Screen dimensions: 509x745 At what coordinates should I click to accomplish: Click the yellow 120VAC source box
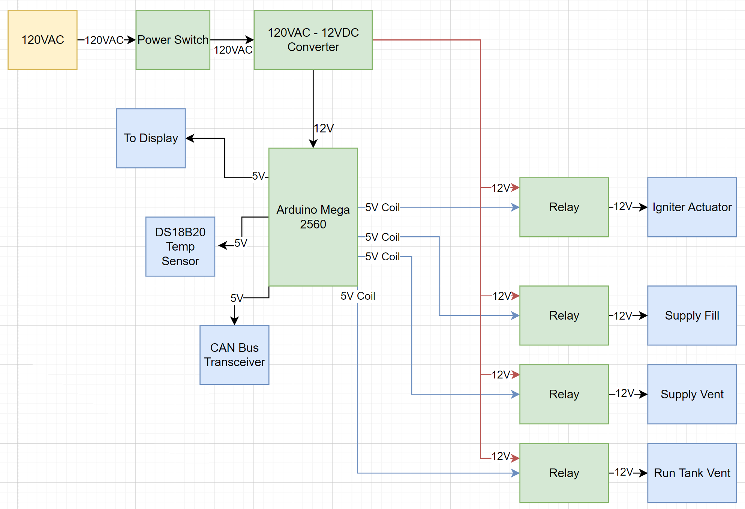point(42,40)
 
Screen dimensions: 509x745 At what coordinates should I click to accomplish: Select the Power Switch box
point(173,40)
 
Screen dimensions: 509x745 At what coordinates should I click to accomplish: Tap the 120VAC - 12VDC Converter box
point(313,40)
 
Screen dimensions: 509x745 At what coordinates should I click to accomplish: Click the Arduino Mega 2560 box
point(313,217)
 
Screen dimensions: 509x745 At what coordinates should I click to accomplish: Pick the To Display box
point(151,138)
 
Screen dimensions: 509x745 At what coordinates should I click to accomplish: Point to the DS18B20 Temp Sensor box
point(180,246)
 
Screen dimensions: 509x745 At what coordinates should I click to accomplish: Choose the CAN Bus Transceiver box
point(234,355)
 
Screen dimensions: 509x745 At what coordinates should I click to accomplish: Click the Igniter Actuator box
point(692,207)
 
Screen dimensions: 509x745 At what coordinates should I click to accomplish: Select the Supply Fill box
point(692,315)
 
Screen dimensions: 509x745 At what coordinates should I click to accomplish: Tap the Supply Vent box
point(692,394)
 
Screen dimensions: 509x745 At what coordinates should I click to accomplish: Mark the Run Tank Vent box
point(692,473)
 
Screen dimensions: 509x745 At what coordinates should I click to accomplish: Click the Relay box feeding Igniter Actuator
point(564,207)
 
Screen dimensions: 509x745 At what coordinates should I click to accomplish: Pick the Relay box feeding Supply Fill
point(564,315)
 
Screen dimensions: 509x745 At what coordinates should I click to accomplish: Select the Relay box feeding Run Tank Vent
point(564,473)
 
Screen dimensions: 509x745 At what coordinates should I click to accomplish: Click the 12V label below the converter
point(324,128)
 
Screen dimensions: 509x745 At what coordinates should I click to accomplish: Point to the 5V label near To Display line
point(259,176)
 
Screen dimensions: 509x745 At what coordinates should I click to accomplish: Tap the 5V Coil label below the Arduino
point(358,296)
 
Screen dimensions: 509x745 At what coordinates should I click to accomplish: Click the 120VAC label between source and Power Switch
point(104,40)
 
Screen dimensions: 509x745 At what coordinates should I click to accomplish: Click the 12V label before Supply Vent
point(625,393)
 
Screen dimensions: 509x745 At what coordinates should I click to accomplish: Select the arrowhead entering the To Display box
point(190,138)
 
